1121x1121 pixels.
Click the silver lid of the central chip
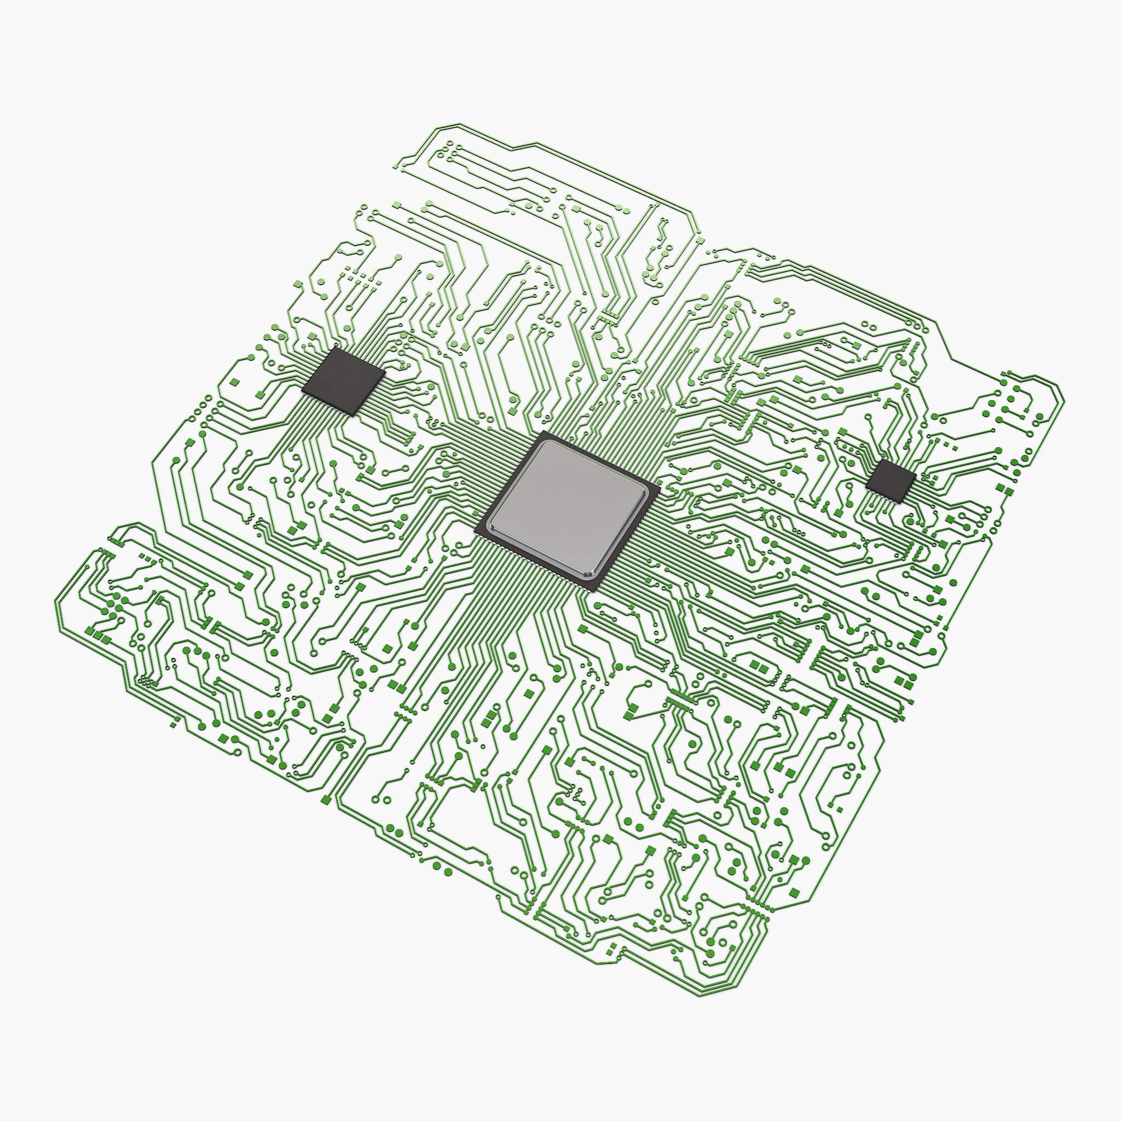click(568, 509)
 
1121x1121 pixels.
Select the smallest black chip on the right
click(891, 480)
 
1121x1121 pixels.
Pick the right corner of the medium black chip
click(385, 371)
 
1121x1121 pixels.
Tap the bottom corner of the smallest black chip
click(900, 502)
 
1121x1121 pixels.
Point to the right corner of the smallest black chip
click(916, 475)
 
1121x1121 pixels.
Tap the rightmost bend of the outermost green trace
click(1064, 400)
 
